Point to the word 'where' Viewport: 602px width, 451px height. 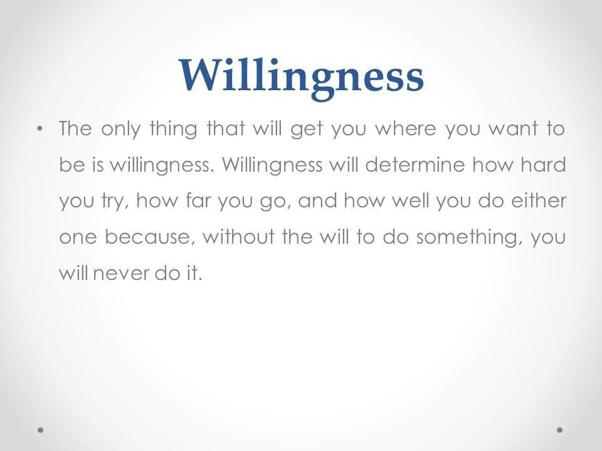[406, 128]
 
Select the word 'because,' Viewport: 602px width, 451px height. [148, 237]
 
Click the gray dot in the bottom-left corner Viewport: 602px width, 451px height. [40, 430]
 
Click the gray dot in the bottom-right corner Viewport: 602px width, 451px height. [560, 430]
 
